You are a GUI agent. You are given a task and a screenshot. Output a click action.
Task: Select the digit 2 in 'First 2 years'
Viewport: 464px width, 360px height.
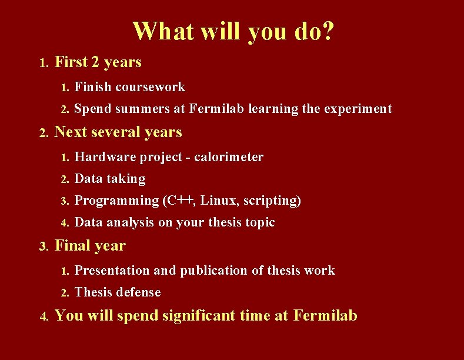(95, 62)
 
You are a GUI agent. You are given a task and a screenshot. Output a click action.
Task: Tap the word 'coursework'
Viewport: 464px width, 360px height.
(151, 88)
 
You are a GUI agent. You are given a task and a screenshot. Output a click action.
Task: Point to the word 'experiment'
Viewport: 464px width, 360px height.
(358, 109)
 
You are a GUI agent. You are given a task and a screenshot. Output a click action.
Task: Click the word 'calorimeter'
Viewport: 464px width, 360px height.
(229, 157)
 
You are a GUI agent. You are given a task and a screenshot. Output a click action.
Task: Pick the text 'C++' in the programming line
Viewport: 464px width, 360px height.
(179, 201)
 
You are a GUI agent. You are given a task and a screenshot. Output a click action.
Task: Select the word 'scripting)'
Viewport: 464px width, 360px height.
(271, 201)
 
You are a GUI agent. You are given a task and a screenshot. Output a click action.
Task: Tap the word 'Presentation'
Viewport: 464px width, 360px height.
(112, 271)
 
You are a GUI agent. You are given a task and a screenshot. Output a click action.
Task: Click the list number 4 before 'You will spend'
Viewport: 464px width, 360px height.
(44, 317)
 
